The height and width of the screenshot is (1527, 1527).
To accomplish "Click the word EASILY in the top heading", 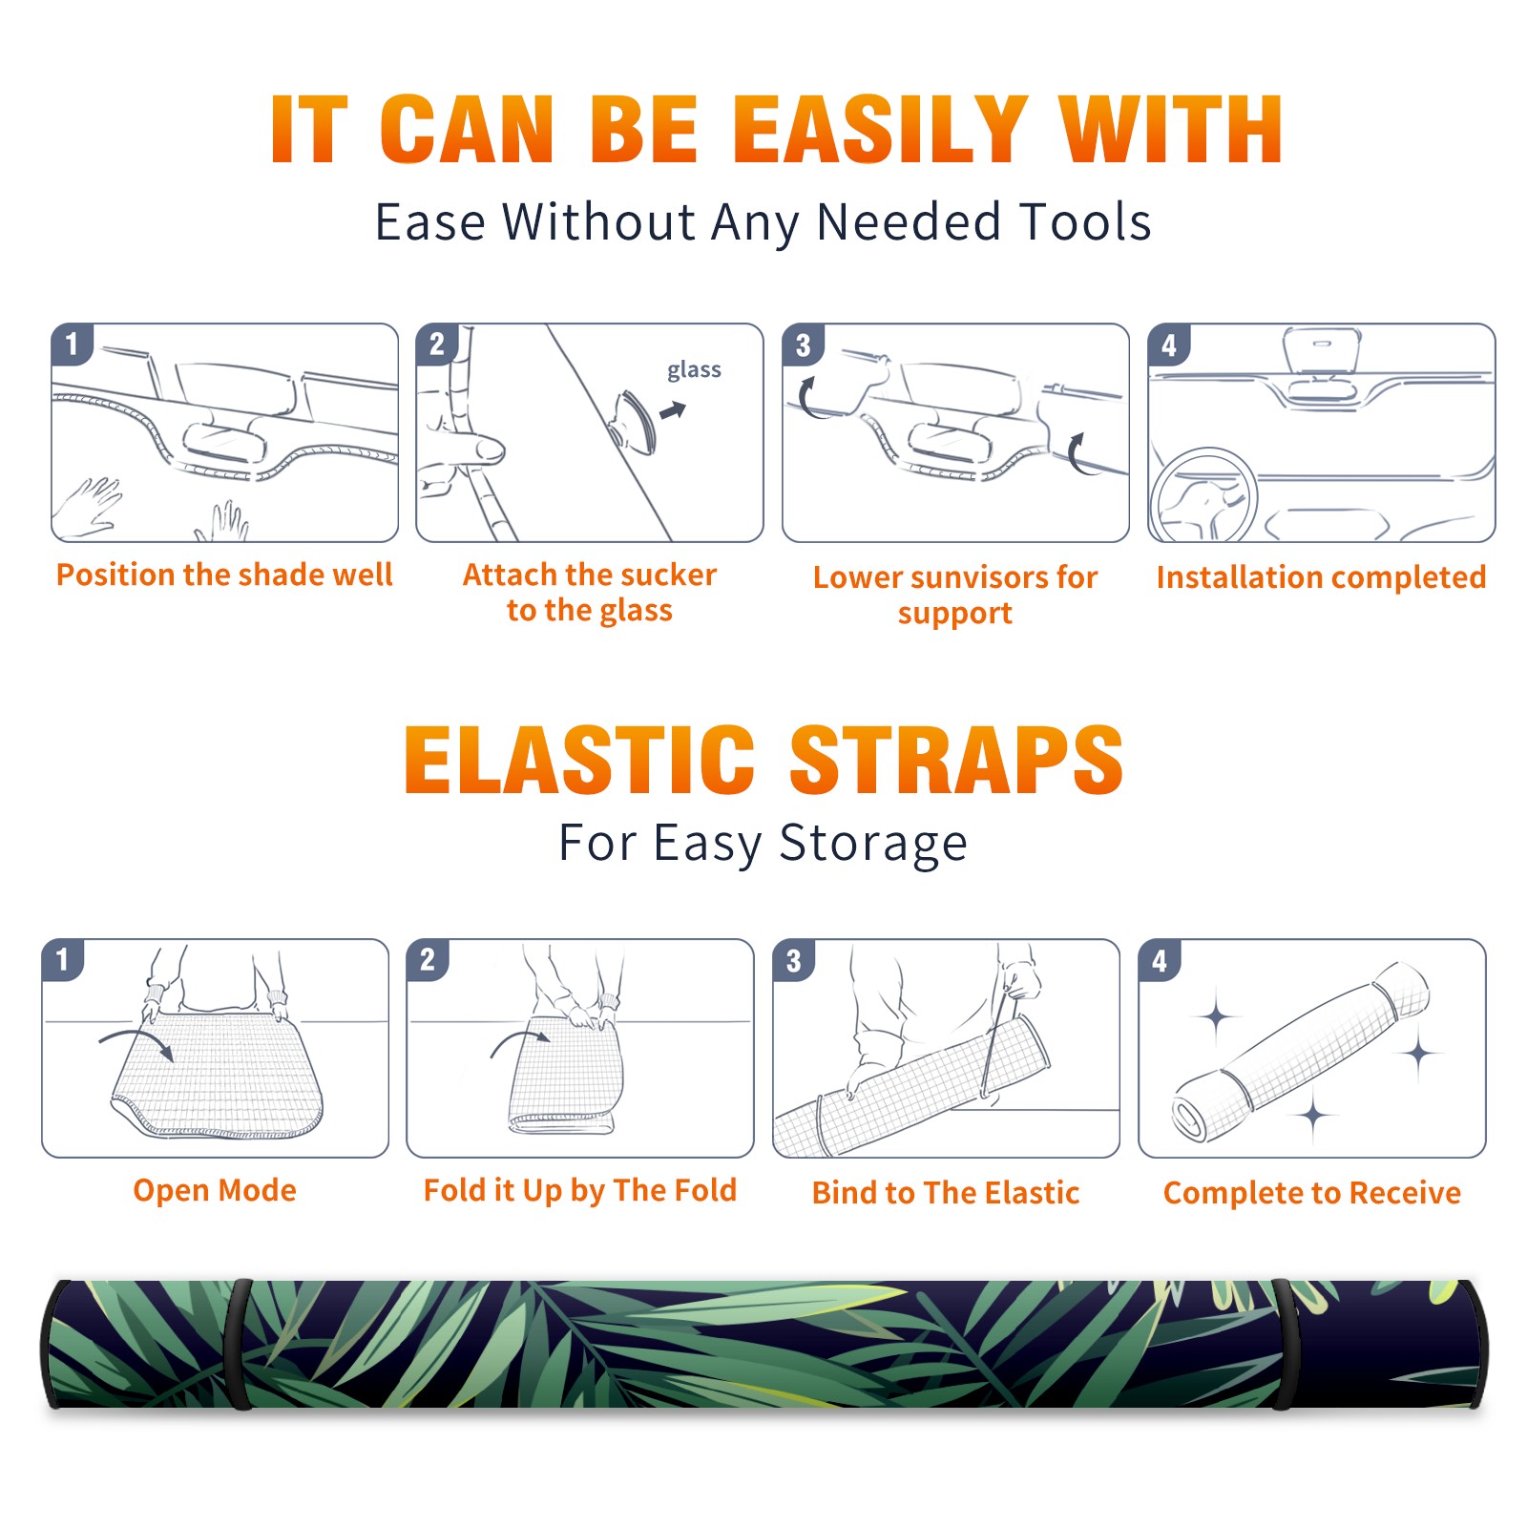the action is click(881, 130).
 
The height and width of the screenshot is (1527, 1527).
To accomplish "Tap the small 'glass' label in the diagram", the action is click(694, 370).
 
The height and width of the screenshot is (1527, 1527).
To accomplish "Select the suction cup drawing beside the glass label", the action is click(634, 421).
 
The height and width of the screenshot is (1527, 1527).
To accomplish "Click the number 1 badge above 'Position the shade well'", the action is click(72, 344).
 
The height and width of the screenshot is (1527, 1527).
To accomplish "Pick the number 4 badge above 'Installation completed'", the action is click(1169, 345).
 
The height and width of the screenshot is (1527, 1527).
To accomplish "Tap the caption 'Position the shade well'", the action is click(224, 575).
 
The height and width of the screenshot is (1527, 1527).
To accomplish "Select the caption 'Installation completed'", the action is click(1321, 577).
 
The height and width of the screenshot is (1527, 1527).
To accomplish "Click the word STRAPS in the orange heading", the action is click(956, 760).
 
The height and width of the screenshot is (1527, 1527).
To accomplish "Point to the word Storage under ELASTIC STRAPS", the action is click(873, 844).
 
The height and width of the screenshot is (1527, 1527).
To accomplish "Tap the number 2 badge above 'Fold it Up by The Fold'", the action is click(428, 959).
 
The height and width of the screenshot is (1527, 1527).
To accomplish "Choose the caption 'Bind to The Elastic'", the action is click(945, 1192).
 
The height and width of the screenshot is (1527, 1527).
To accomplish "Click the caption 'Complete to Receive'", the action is click(1311, 1192).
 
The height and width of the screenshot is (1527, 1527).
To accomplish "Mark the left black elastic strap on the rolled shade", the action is click(239, 1344).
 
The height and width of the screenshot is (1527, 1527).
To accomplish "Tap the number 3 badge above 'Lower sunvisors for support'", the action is click(803, 345).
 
